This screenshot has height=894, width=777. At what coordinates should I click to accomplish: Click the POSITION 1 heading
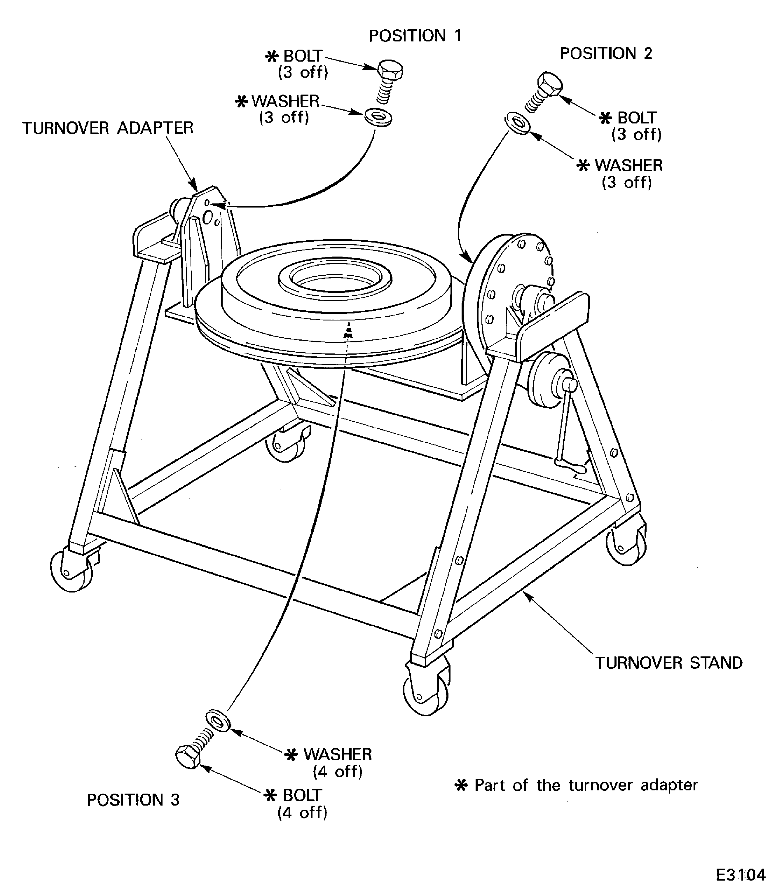415,36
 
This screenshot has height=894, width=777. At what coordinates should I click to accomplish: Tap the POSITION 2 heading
606,53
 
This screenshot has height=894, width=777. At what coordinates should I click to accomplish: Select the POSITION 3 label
133,799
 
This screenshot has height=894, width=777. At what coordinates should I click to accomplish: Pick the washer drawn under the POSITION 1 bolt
378,117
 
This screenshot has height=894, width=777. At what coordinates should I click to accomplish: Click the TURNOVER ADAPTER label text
108,128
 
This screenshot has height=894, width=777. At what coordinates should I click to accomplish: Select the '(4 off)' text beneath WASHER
337,771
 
